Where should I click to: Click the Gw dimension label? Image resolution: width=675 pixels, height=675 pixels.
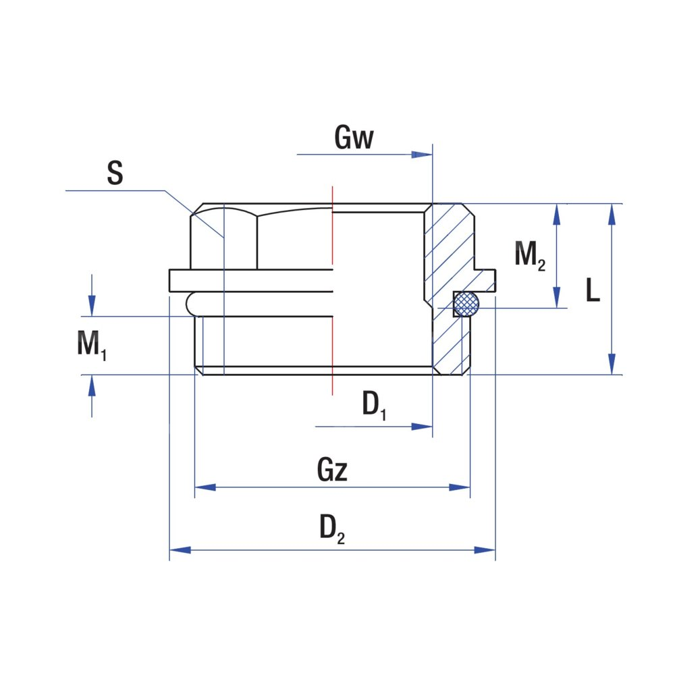click(354, 138)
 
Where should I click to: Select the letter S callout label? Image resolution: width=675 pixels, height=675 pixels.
click(115, 173)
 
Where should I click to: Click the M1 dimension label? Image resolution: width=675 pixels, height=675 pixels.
click(91, 345)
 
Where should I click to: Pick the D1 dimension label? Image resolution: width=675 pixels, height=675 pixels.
click(374, 406)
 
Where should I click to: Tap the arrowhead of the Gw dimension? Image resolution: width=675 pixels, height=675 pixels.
click(423, 155)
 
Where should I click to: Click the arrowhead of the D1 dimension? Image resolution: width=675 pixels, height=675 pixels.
click(423, 427)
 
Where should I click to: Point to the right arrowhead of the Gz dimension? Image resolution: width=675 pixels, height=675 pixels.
click(461, 487)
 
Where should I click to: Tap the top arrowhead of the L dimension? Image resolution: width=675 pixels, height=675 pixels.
click(612, 213)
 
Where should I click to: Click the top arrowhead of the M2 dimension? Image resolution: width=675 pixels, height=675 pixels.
click(557, 213)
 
